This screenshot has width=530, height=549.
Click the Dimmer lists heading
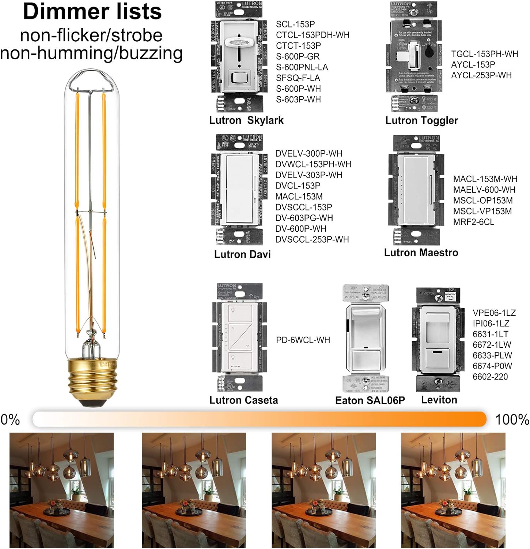click(92, 12)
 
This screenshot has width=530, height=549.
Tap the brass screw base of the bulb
click(92, 381)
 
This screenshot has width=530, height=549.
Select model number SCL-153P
click(295, 24)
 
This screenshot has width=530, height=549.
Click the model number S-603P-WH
click(298, 99)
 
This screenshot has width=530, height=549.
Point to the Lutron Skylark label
click(246, 120)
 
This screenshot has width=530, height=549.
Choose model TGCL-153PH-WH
click(484, 54)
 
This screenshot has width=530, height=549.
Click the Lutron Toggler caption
click(421, 120)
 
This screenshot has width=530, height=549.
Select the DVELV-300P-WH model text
click(308, 153)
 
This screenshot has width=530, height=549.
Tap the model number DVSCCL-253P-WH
click(312, 239)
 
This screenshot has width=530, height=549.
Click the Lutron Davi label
click(242, 254)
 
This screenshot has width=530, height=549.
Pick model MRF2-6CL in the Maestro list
click(473, 222)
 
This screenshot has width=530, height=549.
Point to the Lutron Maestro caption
click(421, 253)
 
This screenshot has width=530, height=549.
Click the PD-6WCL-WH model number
click(303, 340)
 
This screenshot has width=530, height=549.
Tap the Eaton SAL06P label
click(370, 400)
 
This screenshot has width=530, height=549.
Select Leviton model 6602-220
click(490, 377)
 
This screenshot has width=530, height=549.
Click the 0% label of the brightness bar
click(10, 419)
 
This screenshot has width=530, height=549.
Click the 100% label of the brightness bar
click(512, 419)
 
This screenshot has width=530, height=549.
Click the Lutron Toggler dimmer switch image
click(414, 57)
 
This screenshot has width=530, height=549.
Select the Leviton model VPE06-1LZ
click(494, 313)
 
